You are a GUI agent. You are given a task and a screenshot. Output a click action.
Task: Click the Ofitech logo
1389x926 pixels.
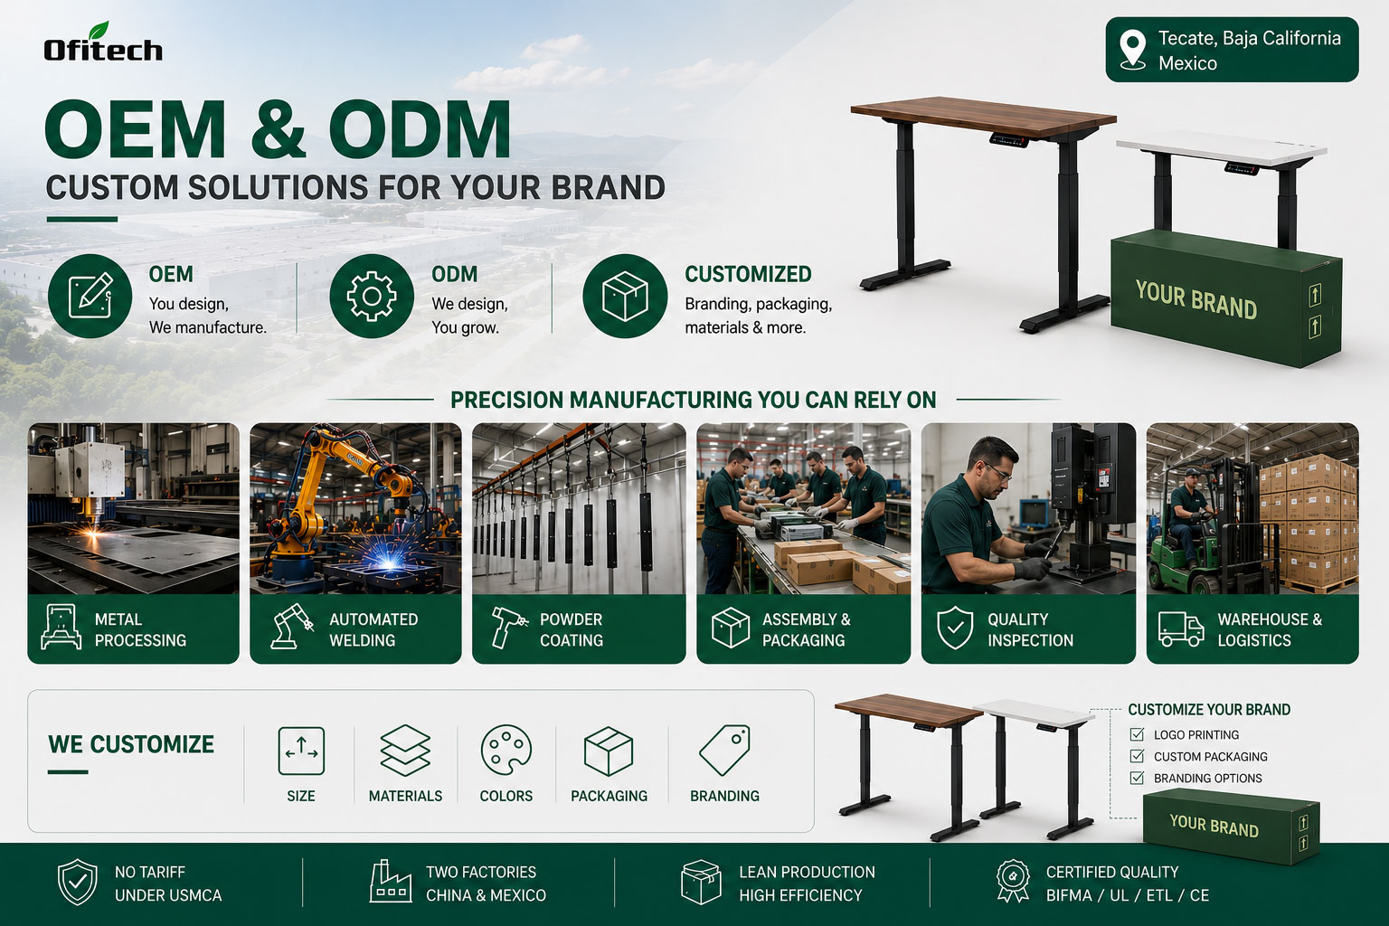(x=103, y=43)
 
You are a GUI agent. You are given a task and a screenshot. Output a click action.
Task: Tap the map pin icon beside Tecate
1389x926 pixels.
(x=1133, y=49)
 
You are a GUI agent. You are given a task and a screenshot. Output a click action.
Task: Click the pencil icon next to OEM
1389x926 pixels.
(x=90, y=296)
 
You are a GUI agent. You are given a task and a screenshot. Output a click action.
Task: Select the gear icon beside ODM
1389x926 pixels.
(x=372, y=296)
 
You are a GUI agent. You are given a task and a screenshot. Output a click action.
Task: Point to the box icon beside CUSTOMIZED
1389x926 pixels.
(x=625, y=296)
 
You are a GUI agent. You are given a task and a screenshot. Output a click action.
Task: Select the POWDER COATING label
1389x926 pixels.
(x=572, y=629)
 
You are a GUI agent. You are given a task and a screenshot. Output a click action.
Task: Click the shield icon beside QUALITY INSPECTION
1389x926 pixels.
(x=955, y=628)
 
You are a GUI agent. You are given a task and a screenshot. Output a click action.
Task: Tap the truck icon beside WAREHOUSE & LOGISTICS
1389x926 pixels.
(x=1181, y=628)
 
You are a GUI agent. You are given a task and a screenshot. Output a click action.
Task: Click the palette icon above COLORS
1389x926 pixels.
(x=506, y=750)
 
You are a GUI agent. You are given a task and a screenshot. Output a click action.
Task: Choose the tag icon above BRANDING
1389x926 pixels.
(x=724, y=750)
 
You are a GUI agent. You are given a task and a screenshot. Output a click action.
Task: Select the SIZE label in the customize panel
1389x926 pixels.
(x=301, y=796)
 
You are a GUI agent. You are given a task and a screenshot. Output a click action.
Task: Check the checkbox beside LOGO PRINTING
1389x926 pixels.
(x=1138, y=734)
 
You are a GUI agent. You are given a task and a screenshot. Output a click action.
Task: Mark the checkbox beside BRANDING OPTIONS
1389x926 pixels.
(x=1138, y=778)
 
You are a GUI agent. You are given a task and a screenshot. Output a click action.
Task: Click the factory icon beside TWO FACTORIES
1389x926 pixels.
(x=391, y=882)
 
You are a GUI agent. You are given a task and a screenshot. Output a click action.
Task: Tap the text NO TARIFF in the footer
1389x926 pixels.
(x=150, y=872)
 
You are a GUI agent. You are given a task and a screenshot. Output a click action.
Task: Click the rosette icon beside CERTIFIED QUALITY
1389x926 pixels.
(x=1013, y=882)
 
